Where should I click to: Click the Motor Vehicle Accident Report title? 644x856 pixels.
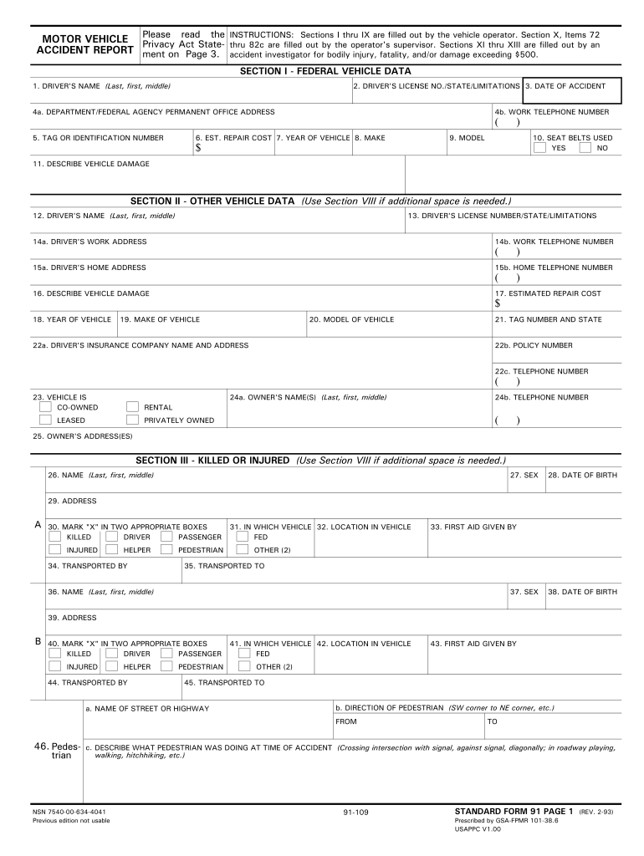(x=85, y=44)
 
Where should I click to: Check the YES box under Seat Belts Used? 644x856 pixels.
(x=540, y=148)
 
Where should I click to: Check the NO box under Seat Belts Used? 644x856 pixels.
(x=585, y=148)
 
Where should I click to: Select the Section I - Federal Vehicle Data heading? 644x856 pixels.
(x=325, y=71)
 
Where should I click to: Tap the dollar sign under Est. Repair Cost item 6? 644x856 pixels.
(x=199, y=149)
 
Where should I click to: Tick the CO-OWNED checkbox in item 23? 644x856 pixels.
(x=46, y=407)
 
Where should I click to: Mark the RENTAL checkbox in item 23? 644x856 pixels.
(x=132, y=407)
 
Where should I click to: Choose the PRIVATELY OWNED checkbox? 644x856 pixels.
(x=132, y=420)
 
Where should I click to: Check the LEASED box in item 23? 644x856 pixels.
(x=46, y=420)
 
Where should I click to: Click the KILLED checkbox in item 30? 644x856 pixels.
(x=54, y=537)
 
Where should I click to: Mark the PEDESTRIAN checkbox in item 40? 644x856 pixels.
(x=166, y=666)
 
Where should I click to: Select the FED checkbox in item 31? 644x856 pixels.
(x=243, y=537)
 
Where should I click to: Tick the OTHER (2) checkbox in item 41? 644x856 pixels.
(x=243, y=666)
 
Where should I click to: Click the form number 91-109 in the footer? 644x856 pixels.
(x=355, y=813)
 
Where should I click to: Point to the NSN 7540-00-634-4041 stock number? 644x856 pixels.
(x=69, y=812)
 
